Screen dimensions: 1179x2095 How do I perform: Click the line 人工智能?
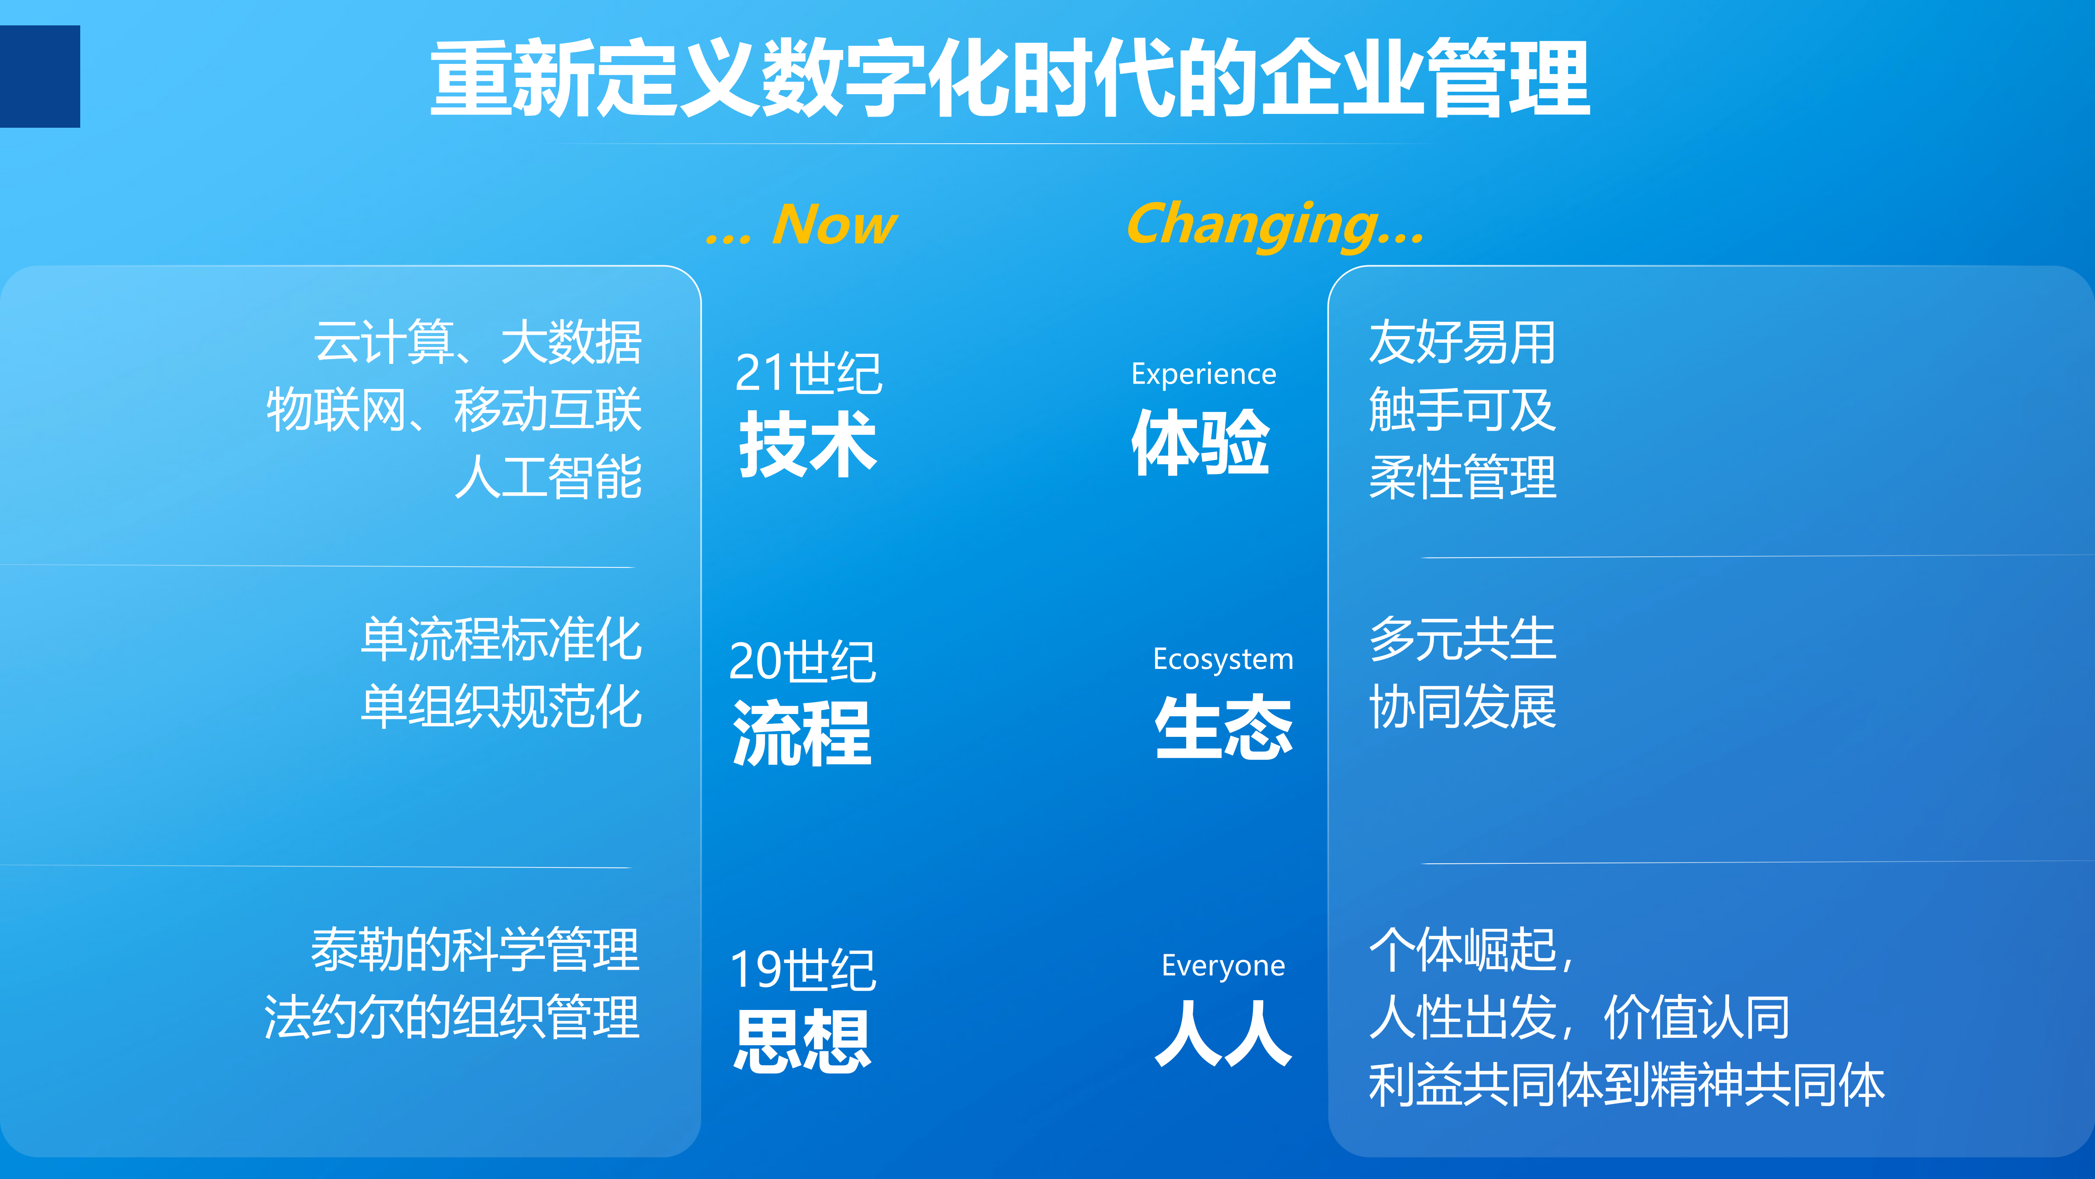[548, 477]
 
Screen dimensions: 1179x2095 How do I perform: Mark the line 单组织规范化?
[501, 707]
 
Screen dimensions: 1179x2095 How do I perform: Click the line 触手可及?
[1461, 410]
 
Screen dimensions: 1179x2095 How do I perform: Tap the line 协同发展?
[1461, 707]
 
